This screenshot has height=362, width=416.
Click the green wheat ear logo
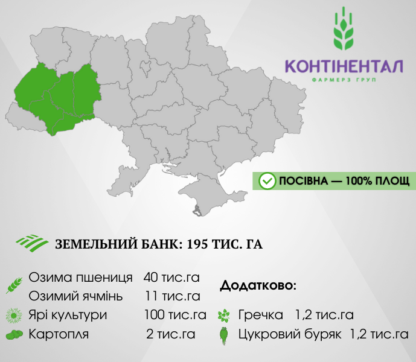[344, 28]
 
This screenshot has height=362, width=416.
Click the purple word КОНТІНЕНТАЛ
[344, 66]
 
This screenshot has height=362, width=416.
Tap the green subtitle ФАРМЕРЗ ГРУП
[344, 80]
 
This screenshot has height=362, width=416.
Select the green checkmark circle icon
[267, 181]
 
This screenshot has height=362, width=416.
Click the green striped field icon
[32, 243]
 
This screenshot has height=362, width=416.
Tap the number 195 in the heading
[197, 244]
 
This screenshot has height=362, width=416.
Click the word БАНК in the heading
[161, 244]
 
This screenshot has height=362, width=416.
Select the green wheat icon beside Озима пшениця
[14, 285]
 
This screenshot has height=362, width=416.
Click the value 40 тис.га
[171, 278]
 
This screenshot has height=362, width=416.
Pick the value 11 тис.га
[173, 296]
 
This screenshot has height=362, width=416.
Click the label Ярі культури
[68, 316]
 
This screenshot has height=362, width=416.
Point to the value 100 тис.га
[175, 315]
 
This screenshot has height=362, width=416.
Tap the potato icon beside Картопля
[14, 335]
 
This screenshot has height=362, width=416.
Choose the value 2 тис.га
[171, 334]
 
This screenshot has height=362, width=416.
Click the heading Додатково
[258, 285]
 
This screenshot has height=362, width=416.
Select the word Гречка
[261, 315]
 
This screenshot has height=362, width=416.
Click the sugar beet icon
[224, 335]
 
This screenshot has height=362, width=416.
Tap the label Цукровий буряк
[290, 334]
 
